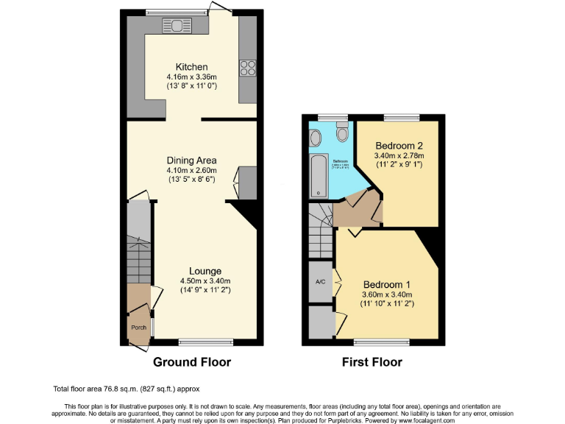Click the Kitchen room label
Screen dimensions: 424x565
click(191, 67)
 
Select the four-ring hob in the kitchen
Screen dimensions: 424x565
click(247, 68)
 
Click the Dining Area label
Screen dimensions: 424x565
click(191, 160)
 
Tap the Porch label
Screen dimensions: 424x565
click(138, 328)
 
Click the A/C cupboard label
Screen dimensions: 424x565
click(320, 282)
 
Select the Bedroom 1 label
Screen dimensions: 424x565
click(387, 285)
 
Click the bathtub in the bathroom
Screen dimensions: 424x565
click(318, 177)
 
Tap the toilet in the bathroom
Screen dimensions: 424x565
click(341, 132)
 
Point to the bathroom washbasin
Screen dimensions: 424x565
click(314, 138)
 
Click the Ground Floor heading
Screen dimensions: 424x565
click(191, 362)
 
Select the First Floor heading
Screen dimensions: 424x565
click(372, 362)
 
